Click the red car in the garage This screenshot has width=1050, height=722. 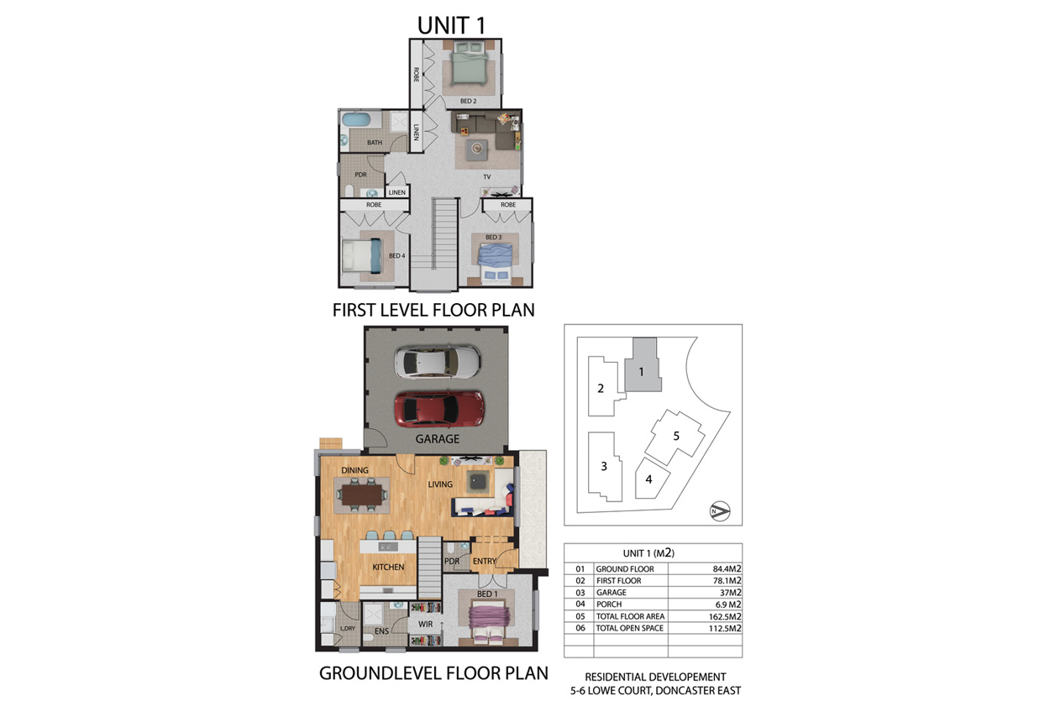click(439, 409)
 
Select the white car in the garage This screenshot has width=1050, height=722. click(438, 362)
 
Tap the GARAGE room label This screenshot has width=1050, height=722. click(438, 439)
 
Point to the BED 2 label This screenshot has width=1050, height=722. click(468, 102)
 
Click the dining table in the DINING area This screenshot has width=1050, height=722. click(362, 494)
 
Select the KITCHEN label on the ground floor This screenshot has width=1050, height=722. click(388, 567)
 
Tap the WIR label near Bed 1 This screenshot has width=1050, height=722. click(425, 624)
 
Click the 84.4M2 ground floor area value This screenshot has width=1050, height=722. click(727, 569)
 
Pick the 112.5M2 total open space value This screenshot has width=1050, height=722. click(725, 628)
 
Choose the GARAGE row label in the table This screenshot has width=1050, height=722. click(612, 592)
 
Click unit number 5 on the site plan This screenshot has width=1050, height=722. click(676, 437)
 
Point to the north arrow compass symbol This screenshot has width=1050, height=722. click(720, 511)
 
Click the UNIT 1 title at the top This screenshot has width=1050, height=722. click(451, 25)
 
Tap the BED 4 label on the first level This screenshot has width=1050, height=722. click(397, 256)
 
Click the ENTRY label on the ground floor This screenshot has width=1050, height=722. click(485, 562)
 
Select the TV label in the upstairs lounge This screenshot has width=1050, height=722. click(487, 177)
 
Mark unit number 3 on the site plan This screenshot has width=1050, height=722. click(604, 466)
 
